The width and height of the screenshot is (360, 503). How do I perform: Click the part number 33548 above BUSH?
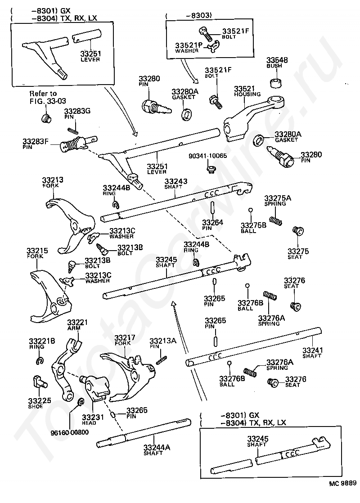[x=277, y=60]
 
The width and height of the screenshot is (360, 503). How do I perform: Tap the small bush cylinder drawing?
[x=277, y=82]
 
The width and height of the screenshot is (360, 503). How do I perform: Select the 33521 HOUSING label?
[x=247, y=91]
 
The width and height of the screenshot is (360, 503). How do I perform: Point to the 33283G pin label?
[x=77, y=113]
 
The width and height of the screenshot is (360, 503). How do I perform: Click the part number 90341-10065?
[x=207, y=156]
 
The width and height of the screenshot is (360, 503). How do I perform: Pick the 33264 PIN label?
[x=212, y=225]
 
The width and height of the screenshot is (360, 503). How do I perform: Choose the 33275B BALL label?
[x=253, y=228]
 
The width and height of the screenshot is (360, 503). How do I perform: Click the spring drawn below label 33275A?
[x=275, y=221]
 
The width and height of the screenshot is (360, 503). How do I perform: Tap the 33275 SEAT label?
[x=298, y=253]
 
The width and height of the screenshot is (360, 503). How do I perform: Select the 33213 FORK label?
[x=53, y=182]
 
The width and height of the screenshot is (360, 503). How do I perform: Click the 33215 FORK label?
[x=37, y=253]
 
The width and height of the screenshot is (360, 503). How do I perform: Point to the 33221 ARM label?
[x=77, y=325]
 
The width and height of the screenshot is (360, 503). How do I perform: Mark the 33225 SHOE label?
[x=39, y=403]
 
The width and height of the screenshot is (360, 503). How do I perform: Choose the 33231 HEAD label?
[x=93, y=420]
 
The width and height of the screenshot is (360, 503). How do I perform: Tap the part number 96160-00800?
[x=70, y=432]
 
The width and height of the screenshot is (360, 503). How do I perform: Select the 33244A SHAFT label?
[x=157, y=450]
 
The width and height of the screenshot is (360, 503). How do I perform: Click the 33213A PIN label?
[x=162, y=343]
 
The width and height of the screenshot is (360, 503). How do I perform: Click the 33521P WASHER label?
[x=189, y=48]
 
